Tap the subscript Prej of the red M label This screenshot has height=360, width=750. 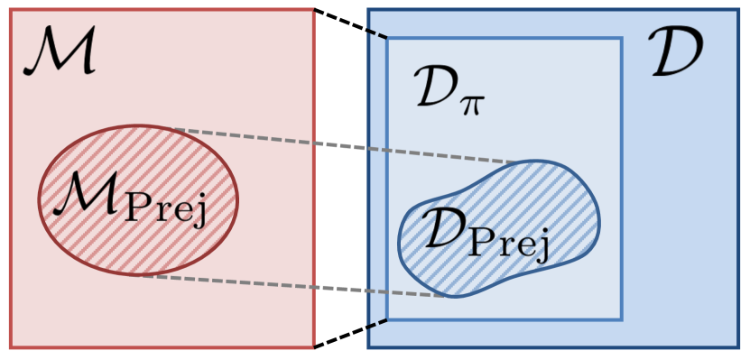(170, 208)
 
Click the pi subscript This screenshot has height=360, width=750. (472, 104)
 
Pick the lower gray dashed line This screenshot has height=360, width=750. (298, 285)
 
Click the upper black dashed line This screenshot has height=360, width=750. (350, 24)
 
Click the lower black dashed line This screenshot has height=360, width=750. (350, 333)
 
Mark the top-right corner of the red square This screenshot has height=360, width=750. (314, 11)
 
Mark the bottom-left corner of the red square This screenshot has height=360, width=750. (11, 346)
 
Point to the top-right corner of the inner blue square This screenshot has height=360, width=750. (621, 39)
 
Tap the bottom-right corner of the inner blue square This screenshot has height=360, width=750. (621, 318)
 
